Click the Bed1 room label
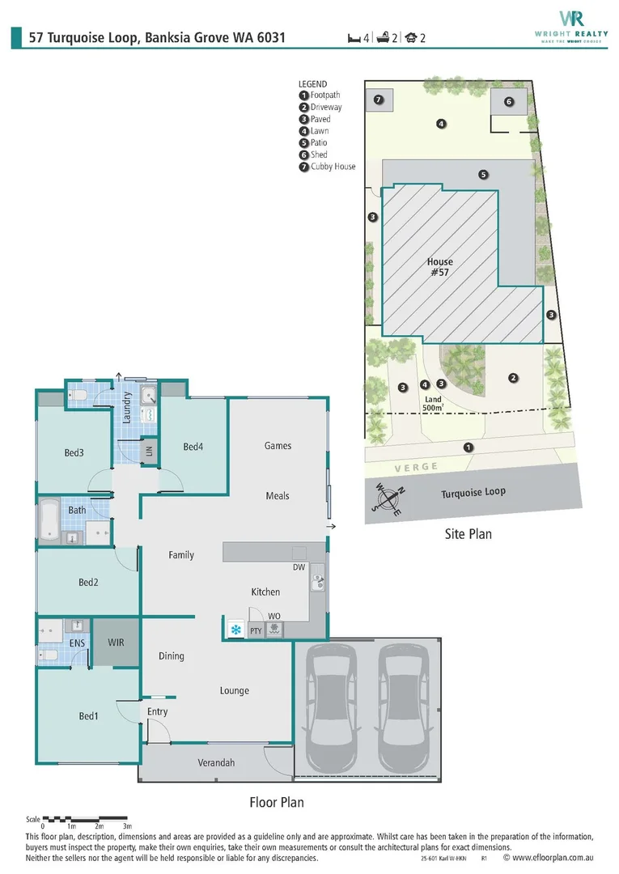tap(88, 715)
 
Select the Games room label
tap(278, 446)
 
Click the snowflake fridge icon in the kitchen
tap(235, 629)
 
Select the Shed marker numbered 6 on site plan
tap(509, 102)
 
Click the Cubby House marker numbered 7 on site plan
tap(378, 100)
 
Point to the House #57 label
tap(440, 267)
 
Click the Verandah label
tap(216, 763)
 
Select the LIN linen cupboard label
tap(148, 451)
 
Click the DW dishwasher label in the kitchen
tap(299, 567)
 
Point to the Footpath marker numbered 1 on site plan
tap(468, 447)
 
